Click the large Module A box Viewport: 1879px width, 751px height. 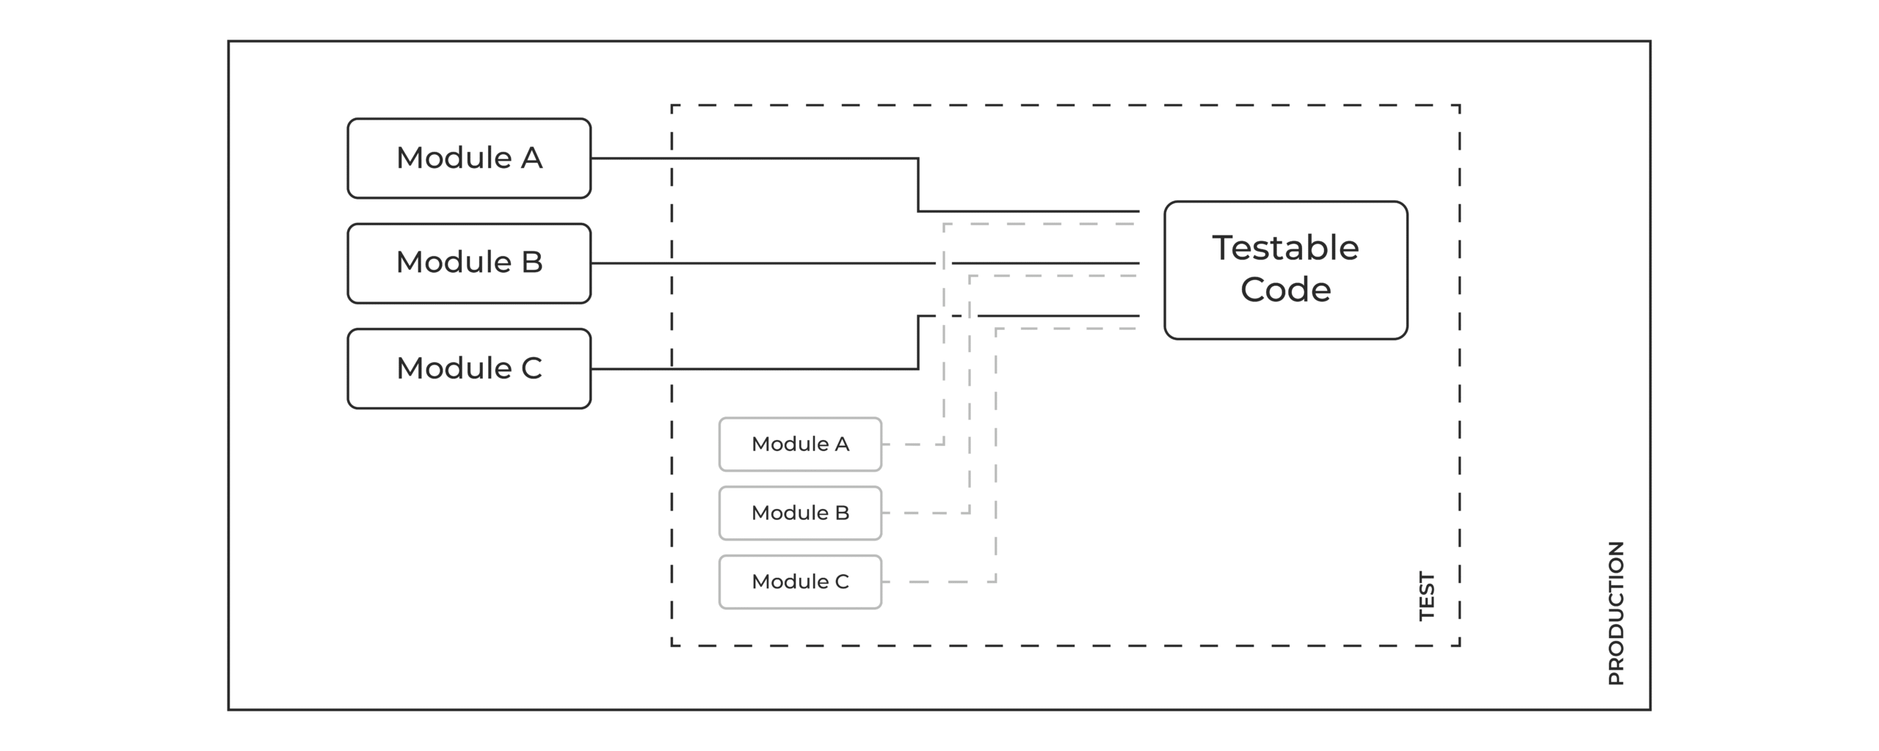pyautogui.click(x=469, y=158)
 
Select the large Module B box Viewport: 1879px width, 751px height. pyautogui.click(x=469, y=263)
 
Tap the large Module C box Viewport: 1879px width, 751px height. pyautogui.click(x=469, y=369)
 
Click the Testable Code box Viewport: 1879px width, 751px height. pyautogui.click(x=1286, y=270)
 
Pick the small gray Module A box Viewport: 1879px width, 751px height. pyautogui.click(x=800, y=444)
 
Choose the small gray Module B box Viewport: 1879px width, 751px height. pyautogui.click(x=800, y=513)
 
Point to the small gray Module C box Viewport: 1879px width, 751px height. pyautogui.click(x=800, y=582)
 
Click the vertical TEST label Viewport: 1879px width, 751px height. pyautogui.click(x=1427, y=596)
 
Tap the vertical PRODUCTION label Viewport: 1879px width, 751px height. pyautogui.click(x=1616, y=613)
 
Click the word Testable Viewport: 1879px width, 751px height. pyautogui.click(x=1286, y=248)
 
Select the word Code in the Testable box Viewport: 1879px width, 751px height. pyautogui.click(x=1286, y=290)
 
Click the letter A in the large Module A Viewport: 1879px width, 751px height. pyautogui.click(x=531, y=158)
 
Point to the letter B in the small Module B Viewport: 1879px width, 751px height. pyautogui.click(x=842, y=513)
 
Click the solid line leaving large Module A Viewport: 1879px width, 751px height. pyautogui.click(x=918, y=185)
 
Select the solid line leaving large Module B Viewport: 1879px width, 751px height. pyautogui.click(x=865, y=263)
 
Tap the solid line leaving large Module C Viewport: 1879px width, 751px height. pyautogui.click(x=918, y=342)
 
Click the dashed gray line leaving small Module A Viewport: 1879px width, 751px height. pyautogui.click(x=944, y=334)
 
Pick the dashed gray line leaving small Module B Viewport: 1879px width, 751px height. pyautogui.click(x=970, y=395)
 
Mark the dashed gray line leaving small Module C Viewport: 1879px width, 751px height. pyautogui.click(x=996, y=455)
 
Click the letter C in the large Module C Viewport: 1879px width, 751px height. pyautogui.click(x=531, y=368)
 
